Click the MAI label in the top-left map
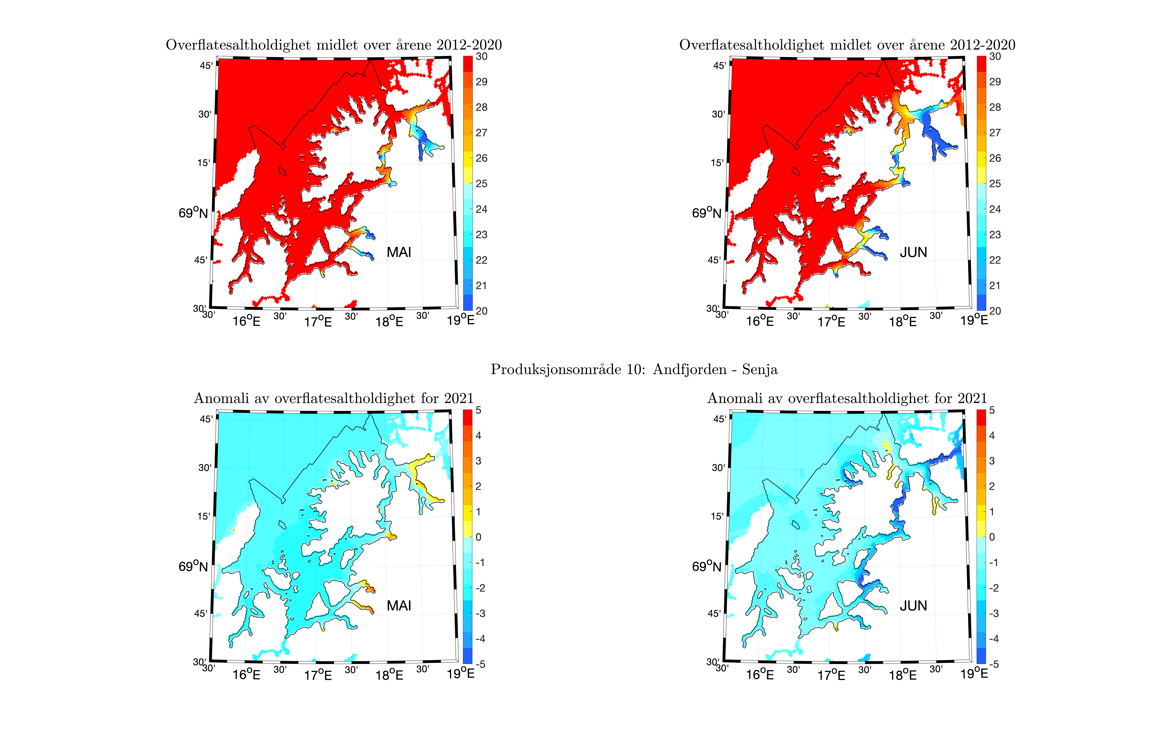[399, 252]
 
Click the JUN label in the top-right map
[913, 252]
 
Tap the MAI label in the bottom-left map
[399, 606]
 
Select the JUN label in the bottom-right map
[913, 606]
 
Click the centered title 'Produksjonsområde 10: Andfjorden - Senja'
[634, 370]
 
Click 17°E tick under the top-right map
[831, 322]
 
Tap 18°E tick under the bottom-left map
[389, 675]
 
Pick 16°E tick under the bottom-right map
[760, 675]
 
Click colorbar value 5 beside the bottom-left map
[478, 410]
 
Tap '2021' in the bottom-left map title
[458, 399]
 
